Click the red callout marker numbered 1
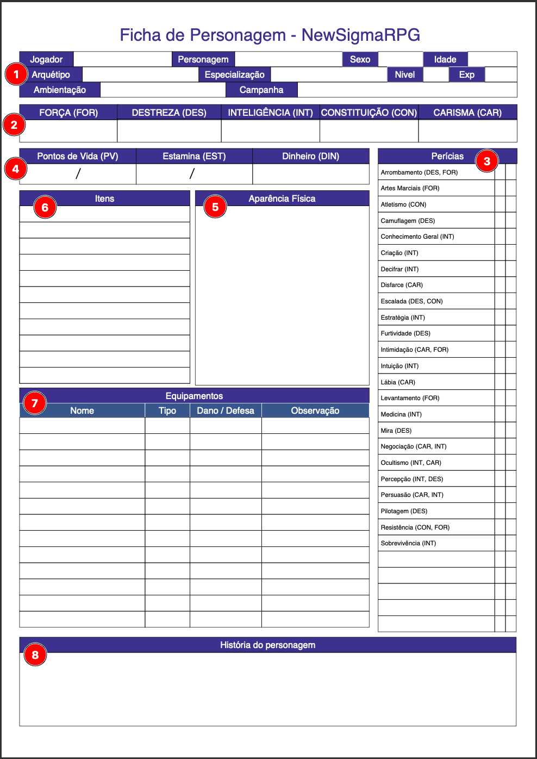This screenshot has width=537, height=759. tap(16, 74)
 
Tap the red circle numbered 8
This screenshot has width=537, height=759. tap(35, 655)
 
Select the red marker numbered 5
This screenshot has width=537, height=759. tap(215, 207)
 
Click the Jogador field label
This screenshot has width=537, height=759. tap(46, 59)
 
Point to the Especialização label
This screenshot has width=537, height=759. tap(234, 74)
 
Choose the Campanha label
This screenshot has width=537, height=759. tap(261, 90)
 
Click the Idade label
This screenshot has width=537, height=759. tap(445, 59)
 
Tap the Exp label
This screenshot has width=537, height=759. tap(466, 74)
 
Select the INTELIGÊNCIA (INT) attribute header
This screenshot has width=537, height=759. tap(270, 113)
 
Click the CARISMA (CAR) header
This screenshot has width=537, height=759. tap(467, 113)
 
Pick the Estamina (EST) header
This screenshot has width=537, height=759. tap(194, 156)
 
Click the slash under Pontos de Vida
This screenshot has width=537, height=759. tap(78, 173)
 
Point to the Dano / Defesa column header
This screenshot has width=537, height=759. tap(226, 410)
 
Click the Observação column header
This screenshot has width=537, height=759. tap(315, 410)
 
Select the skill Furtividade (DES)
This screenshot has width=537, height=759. tap(405, 333)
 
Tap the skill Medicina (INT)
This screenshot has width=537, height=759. tap(401, 414)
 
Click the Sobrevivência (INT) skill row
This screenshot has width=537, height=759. tap(408, 543)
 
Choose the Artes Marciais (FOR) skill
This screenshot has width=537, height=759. tap(410, 188)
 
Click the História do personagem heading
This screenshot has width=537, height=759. tap(267, 645)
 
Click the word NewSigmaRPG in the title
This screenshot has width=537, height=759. tap(361, 35)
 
